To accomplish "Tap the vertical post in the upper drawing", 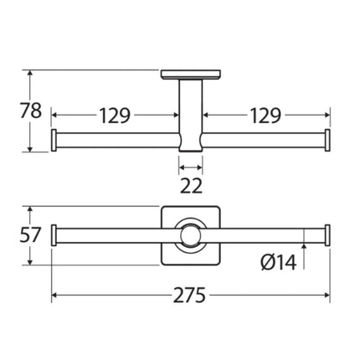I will [x=191, y=109].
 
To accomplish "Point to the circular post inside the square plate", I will [x=191, y=237].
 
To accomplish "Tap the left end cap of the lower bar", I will [x=55, y=237].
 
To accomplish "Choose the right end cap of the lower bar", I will [x=327, y=237].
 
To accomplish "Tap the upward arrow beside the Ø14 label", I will [x=302, y=252].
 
